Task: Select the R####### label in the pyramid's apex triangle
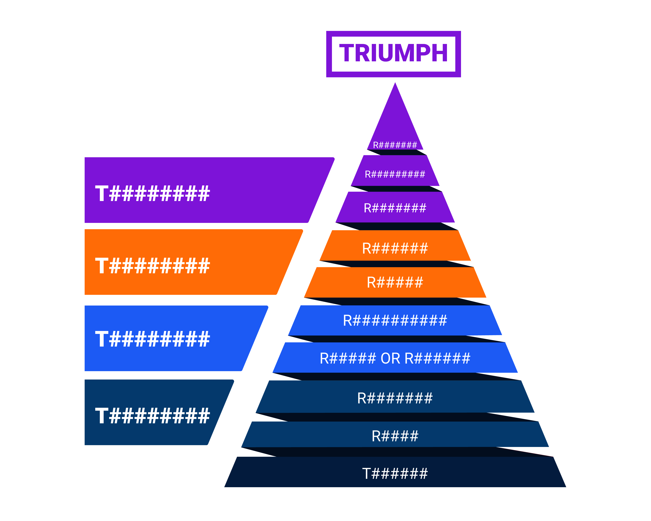point(395,145)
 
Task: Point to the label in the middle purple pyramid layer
point(395,174)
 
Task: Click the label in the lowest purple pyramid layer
point(395,208)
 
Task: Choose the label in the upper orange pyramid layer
point(395,248)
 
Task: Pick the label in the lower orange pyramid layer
point(395,282)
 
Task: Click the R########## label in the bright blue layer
point(395,320)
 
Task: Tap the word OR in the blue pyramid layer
point(390,358)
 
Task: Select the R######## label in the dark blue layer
point(395,398)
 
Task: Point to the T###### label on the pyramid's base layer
point(395,474)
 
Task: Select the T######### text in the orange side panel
point(152,266)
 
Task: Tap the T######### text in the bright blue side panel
point(152,339)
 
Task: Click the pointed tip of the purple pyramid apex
point(395,83)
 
